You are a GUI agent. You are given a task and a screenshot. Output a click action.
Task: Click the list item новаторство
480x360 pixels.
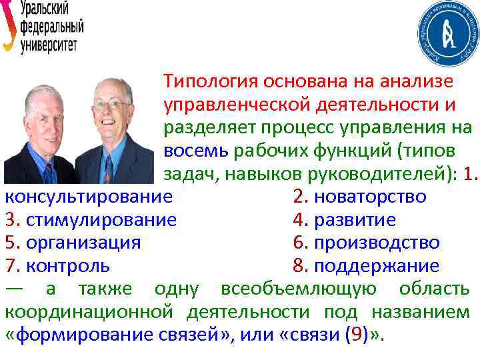click(x=369, y=197)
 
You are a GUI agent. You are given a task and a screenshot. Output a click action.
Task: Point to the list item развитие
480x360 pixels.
click(x=354, y=220)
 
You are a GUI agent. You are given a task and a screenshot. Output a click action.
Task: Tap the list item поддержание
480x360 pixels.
click(x=376, y=266)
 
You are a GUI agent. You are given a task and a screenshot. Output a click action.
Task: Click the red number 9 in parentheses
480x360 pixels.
click(x=363, y=335)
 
